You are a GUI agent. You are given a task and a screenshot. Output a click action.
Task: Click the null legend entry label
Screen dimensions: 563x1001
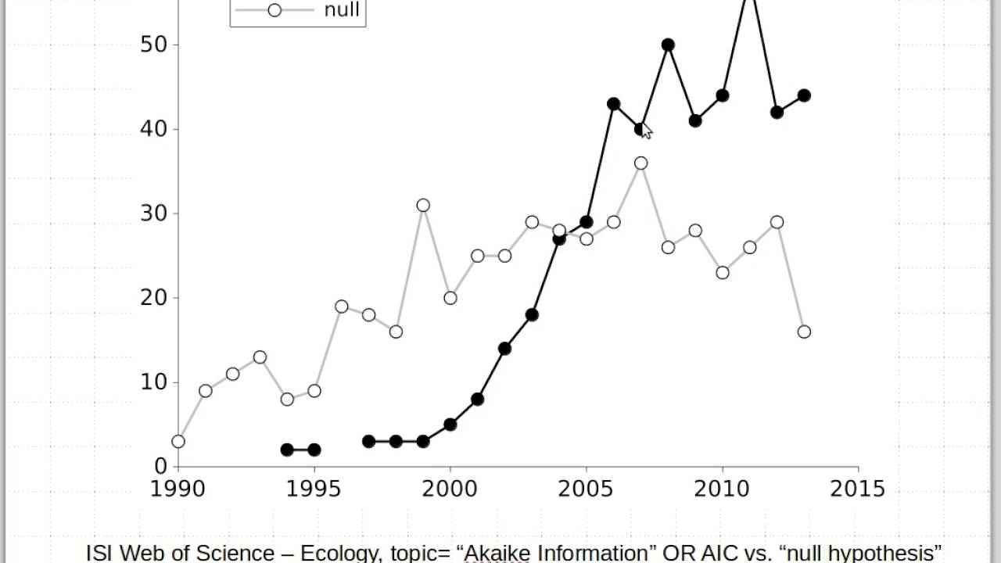tap(342, 10)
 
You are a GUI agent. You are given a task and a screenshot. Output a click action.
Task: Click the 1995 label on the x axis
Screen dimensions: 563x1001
tap(314, 489)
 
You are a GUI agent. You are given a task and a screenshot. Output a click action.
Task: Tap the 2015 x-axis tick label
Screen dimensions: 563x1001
tap(858, 489)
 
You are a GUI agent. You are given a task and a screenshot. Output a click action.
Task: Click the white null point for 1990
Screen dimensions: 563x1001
tap(178, 441)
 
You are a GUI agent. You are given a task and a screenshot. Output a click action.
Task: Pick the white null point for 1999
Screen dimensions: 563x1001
tap(423, 206)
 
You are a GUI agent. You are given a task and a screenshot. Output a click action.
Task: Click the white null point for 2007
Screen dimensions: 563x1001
tap(640, 163)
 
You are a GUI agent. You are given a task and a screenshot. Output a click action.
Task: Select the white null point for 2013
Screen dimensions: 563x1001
tap(804, 332)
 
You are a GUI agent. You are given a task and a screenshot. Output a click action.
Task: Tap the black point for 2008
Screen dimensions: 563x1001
tap(668, 45)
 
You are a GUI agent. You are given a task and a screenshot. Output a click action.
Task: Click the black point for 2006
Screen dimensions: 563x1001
tap(613, 104)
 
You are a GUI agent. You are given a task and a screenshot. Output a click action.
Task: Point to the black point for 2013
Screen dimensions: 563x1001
tap(804, 95)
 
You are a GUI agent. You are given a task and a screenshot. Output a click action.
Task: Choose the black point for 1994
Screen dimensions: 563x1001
tap(287, 450)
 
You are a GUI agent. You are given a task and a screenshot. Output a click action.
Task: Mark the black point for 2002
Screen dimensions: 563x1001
tap(504, 348)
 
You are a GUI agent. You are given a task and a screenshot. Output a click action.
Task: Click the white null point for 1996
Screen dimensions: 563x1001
tap(342, 307)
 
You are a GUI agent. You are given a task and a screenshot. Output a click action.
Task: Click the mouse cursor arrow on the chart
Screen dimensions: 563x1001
tap(646, 131)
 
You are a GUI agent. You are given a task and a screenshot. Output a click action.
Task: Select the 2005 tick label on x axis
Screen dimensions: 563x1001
tap(586, 489)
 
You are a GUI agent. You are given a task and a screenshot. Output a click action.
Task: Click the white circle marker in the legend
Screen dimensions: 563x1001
tap(274, 10)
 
